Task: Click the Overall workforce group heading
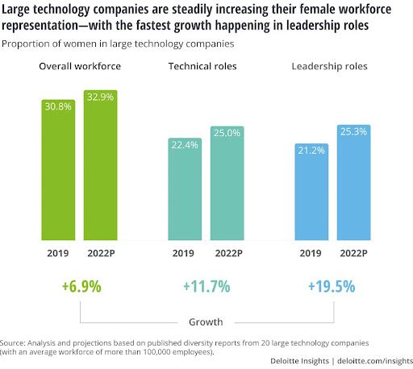pyautogui.click(x=81, y=64)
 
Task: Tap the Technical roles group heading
pyautogui.click(x=206, y=64)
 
